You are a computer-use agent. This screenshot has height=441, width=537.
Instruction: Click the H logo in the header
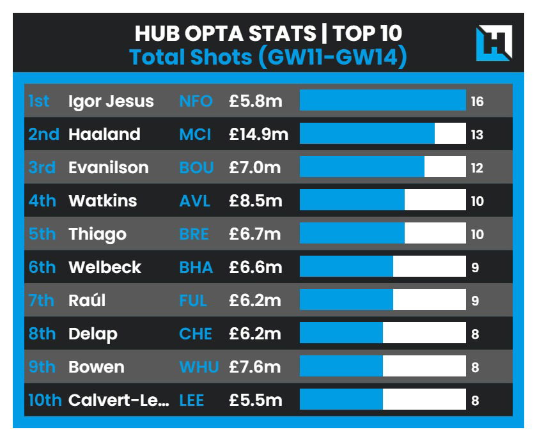point(494,43)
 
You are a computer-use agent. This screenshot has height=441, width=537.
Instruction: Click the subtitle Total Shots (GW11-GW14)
point(268,58)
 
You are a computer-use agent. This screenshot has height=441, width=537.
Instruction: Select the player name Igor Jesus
point(111,101)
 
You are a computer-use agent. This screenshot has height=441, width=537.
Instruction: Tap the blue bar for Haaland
point(367,134)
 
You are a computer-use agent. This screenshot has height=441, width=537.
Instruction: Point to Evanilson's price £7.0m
point(255,167)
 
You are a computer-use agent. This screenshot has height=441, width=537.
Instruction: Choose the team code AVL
point(195,201)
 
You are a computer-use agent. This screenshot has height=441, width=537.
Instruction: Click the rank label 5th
point(42,234)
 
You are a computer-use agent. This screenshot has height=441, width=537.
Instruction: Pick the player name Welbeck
point(105,267)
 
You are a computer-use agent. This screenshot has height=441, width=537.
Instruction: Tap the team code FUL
point(194,300)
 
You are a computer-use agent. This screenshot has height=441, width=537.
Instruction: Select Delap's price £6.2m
point(255,334)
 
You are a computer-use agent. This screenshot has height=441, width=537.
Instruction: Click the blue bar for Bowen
point(341,367)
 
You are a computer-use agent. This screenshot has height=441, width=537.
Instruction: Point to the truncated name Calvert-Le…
point(119,400)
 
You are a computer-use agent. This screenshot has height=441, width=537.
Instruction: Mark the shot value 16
point(477,101)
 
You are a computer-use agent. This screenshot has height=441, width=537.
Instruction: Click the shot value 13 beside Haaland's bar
point(477,134)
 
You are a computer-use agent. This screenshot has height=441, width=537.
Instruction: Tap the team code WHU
point(199,367)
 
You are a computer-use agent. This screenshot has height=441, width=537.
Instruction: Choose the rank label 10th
point(45,400)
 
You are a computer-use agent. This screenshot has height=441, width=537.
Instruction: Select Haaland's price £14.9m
point(258,134)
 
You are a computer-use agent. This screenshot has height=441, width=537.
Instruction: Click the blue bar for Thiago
point(352,234)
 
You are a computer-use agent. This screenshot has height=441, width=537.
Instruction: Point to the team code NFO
point(196,101)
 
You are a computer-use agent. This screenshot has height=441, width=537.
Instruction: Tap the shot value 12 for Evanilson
point(477,167)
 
